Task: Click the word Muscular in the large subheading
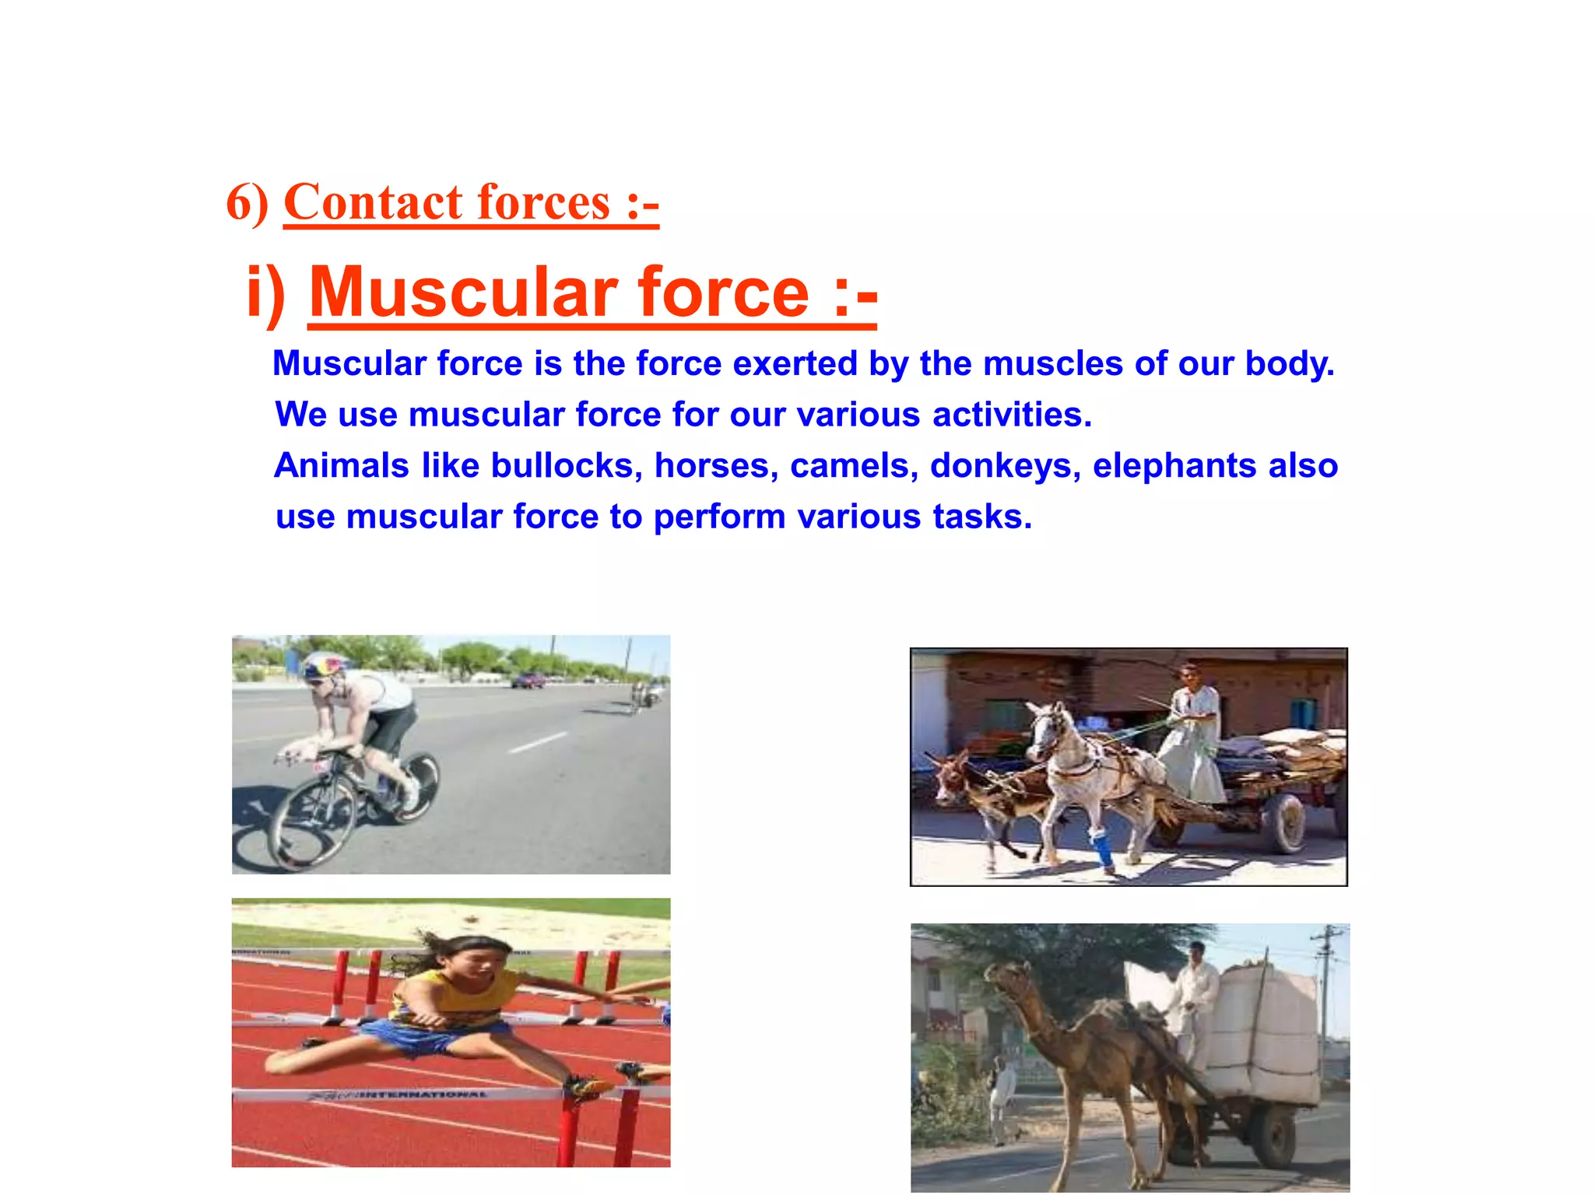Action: click(463, 293)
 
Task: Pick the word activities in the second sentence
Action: click(1012, 415)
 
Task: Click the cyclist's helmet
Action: click(325, 666)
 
